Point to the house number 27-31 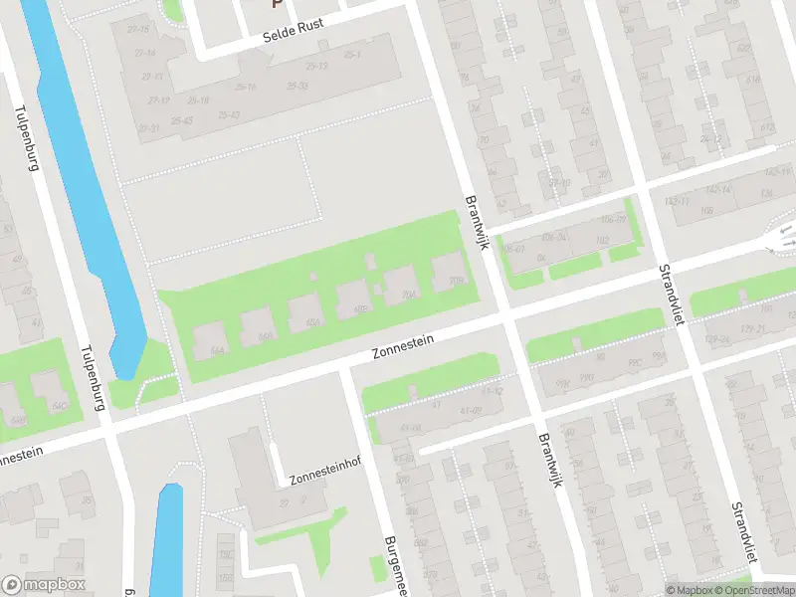(149, 128)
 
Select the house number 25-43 (182, 120)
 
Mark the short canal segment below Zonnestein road (168, 537)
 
